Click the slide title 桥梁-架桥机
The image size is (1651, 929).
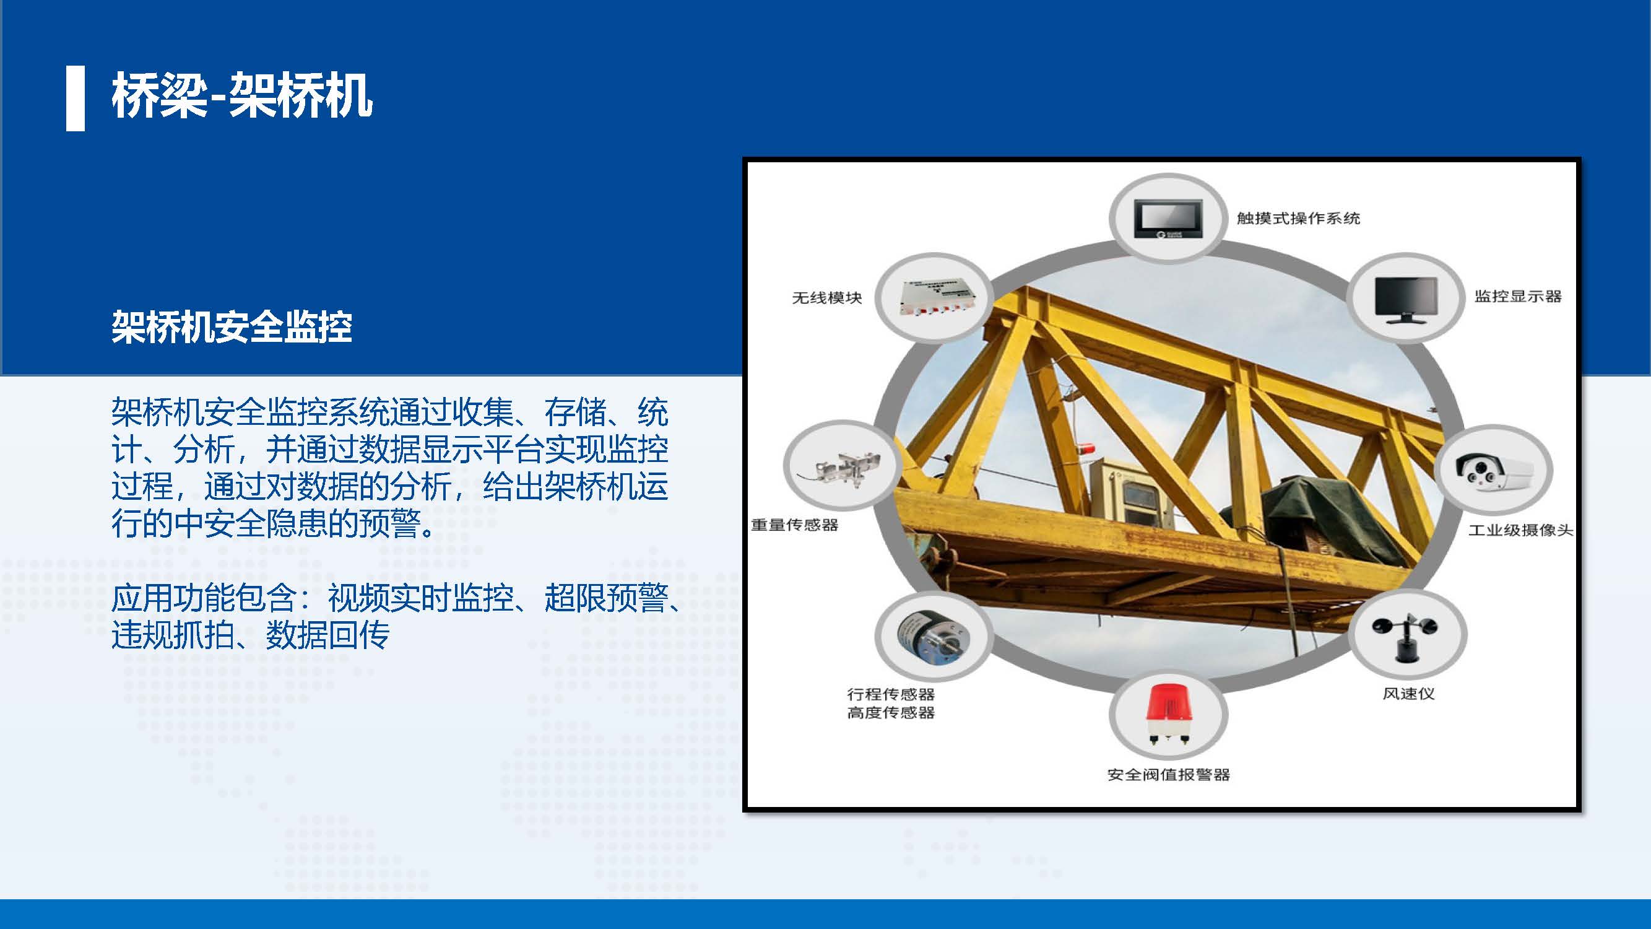tap(242, 95)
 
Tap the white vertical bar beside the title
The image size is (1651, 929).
tap(76, 98)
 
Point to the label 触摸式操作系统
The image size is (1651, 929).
tap(1298, 218)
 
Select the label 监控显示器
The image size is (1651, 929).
tap(1518, 296)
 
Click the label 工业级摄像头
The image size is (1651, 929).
tap(1520, 530)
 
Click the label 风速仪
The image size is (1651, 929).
tap(1408, 694)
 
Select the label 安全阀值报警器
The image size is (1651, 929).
tap(1168, 775)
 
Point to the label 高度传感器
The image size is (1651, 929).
tap(890, 712)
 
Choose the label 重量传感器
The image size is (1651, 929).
tap(794, 525)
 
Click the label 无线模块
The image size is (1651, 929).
tap(827, 298)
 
